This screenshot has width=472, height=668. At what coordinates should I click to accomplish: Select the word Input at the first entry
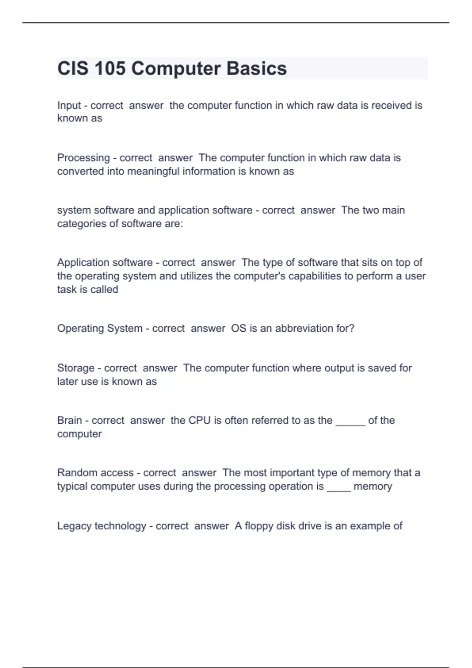click(69, 105)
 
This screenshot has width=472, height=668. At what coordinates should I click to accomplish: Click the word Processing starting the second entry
click(83, 158)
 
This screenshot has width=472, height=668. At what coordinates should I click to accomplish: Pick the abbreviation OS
click(238, 328)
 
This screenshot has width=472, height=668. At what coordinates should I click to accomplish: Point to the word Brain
click(69, 420)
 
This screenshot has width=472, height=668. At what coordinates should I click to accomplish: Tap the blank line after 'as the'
click(350, 424)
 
